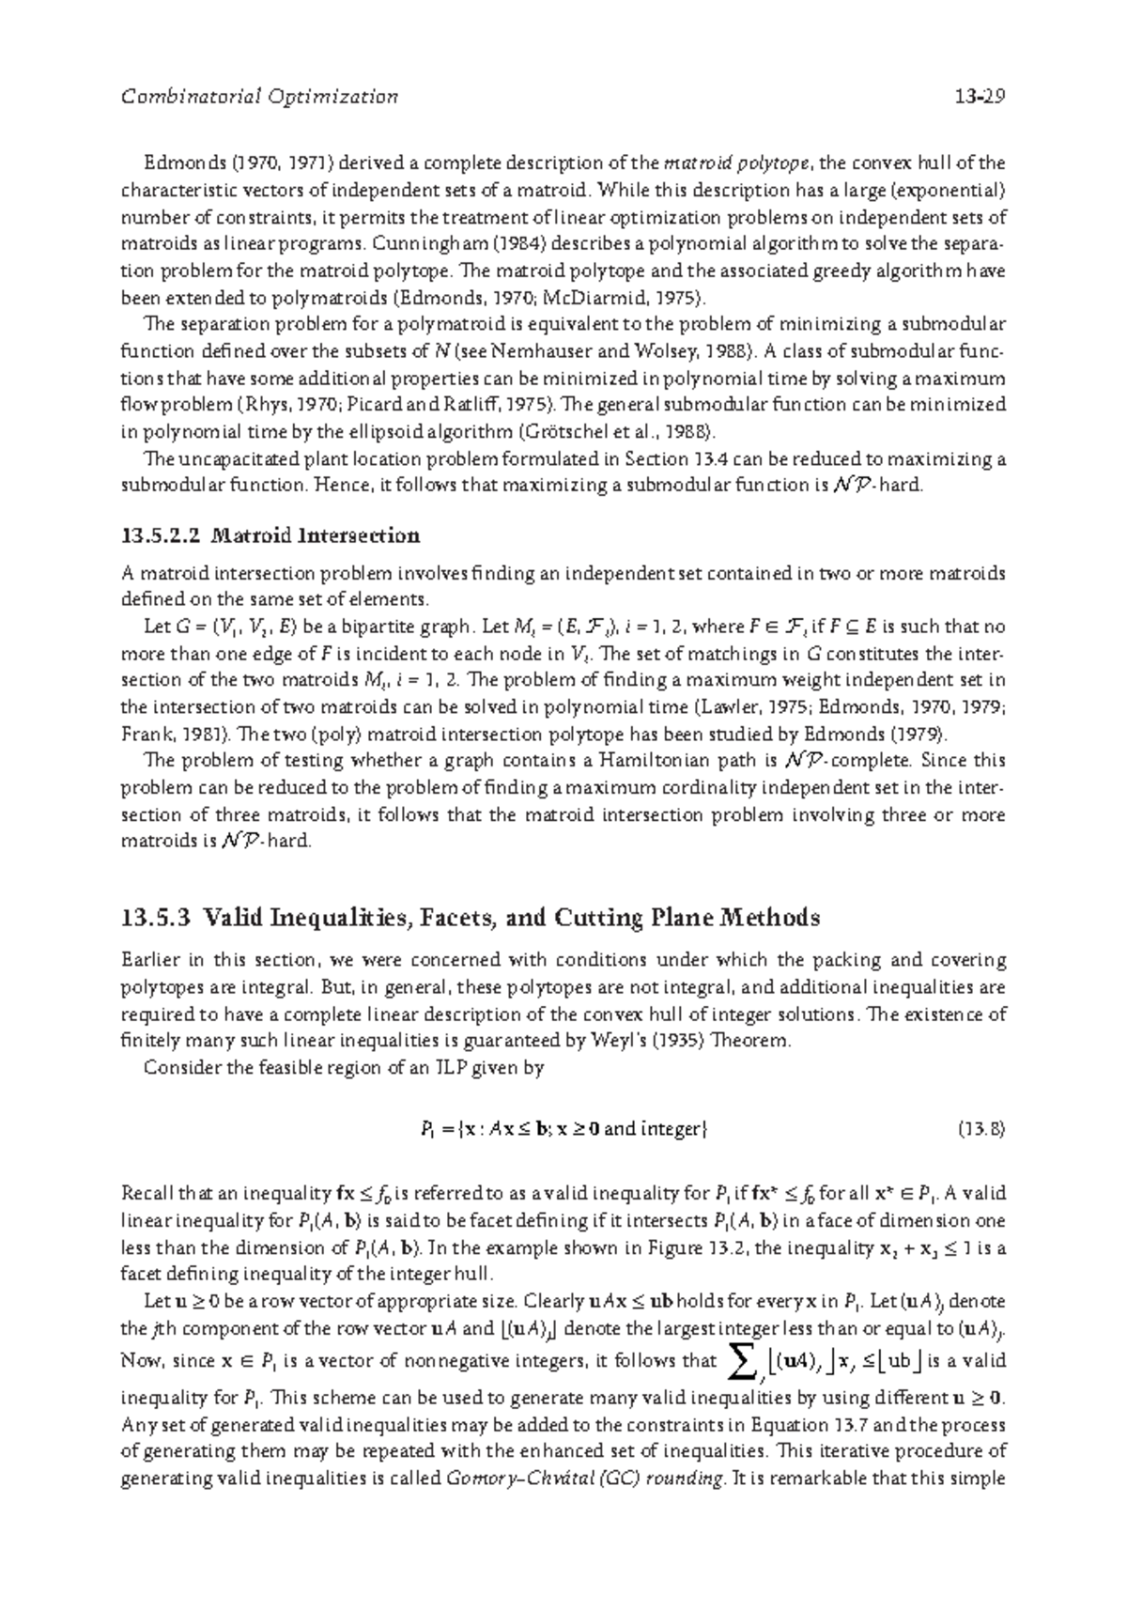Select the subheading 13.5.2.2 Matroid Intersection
[270, 536]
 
